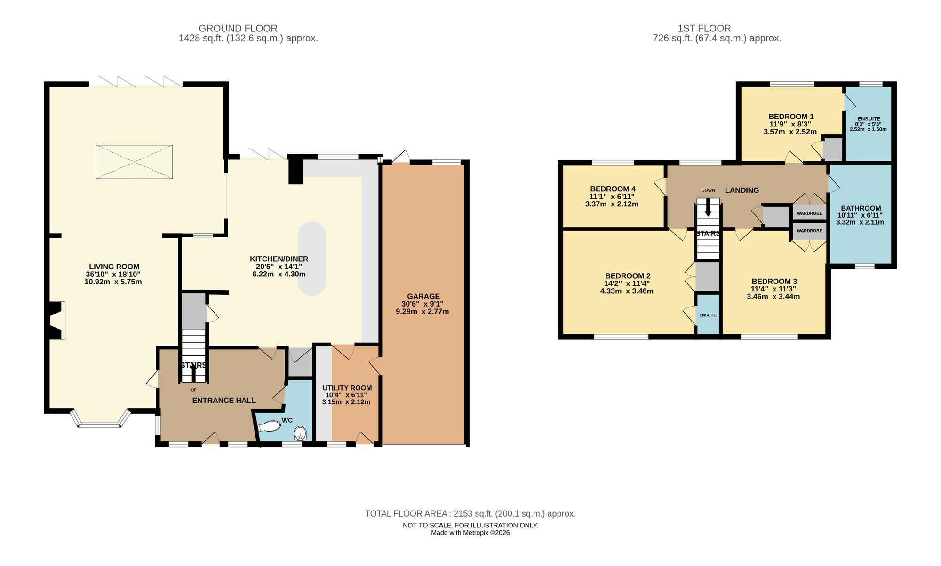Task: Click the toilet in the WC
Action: pyautogui.click(x=270, y=426)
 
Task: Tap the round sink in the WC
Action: pyautogui.click(x=300, y=433)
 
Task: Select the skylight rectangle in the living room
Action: pyautogui.click(x=134, y=162)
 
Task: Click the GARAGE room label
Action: pyautogui.click(x=423, y=296)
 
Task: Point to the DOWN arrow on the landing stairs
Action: pyautogui.click(x=708, y=209)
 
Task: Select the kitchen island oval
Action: pyautogui.click(x=312, y=259)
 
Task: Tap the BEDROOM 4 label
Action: pyautogui.click(x=612, y=189)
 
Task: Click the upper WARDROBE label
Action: pyautogui.click(x=809, y=213)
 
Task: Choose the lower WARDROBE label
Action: pyautogui.click(x=809, y=231)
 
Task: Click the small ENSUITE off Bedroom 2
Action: pyautogui.click(x=708, y=315)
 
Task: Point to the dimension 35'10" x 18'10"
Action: pyautogui.click(x=113, y=274)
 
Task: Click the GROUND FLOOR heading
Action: pyautogui.click(x=238, y=28)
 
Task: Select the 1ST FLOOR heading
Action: pyautogui.click(x=704, y=28)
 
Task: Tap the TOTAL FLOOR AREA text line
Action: pyautogui.click(x=470, y=514)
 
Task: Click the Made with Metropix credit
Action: pyautogui.click(x=470, y=533)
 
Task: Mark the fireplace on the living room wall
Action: pyautogui.click(x=56, y=321)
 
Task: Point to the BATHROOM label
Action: pyautogui.click(x=861, y=208)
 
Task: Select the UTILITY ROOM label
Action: pyautogui.click(x=347, y=388)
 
